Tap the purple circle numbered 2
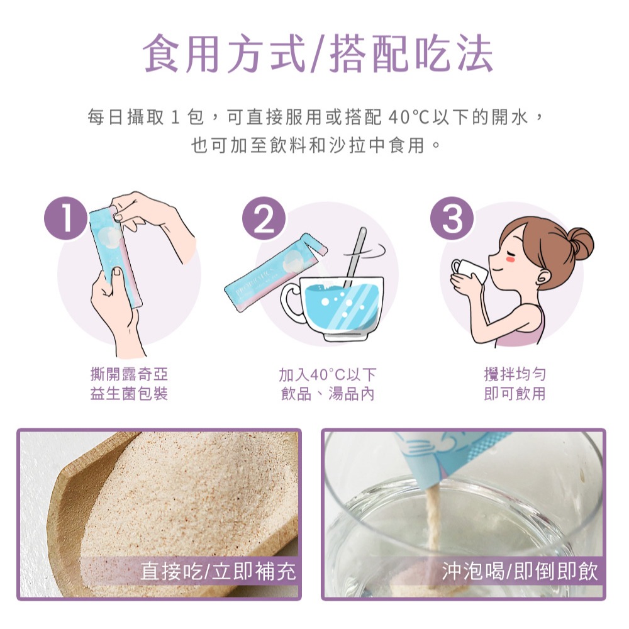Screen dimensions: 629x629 (x=264, y=219)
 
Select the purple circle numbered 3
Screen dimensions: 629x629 (x=452, y=219)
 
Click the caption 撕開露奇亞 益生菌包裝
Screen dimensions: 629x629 (x=130, y=384)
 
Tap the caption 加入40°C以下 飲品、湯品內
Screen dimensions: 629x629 (x=327, y=384)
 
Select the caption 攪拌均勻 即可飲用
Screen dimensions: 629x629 (x=515, y=384)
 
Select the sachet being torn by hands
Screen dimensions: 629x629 (x=115, y=252)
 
